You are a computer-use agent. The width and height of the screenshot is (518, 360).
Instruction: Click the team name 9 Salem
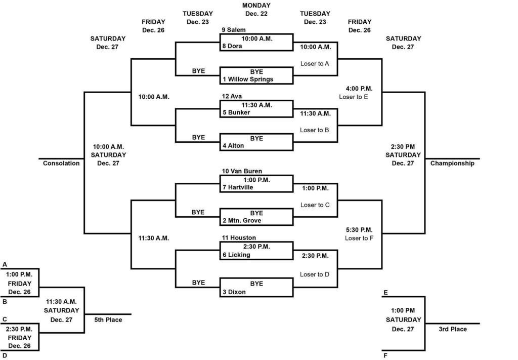[233, 30]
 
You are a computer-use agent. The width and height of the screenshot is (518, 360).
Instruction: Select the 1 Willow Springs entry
[247, 79]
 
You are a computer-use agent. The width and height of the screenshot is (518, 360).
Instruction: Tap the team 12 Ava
[232, 96]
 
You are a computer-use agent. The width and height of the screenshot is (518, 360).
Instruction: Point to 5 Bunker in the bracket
[236, 112]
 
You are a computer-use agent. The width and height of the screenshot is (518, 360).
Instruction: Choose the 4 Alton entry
[233, 146]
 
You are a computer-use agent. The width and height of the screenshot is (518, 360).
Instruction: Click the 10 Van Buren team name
[242, 171]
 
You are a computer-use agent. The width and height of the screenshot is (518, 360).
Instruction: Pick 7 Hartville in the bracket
[237, 187]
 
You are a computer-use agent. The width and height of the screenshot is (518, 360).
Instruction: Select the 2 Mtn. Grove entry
[242, 221]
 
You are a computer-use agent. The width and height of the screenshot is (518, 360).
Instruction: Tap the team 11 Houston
[239, 237]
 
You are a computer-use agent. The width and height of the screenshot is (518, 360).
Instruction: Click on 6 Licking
[236, 255]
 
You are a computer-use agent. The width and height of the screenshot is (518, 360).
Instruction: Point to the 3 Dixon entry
[234, 292]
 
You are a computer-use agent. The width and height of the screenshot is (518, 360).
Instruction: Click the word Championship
[452, 163]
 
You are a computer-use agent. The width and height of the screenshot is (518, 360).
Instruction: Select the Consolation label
[61, 163]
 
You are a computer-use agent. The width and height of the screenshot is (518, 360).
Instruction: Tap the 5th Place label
[108, 319]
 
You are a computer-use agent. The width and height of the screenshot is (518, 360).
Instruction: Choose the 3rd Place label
[452, 329]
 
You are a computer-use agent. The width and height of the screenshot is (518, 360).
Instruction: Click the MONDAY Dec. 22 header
[256, 10]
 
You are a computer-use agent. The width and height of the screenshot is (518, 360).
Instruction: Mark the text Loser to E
[354, 97]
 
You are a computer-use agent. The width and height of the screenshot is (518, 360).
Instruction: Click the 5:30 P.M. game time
[359, 229]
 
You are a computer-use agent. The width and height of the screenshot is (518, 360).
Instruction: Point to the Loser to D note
[315, 274]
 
